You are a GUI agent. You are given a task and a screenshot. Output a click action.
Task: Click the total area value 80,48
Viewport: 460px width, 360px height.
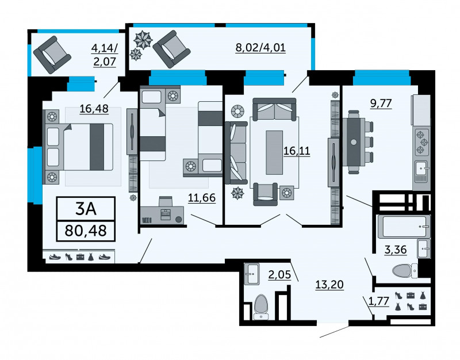[x=85, y=231]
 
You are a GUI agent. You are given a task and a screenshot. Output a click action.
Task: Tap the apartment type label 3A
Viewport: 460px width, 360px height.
[x=86, y=209]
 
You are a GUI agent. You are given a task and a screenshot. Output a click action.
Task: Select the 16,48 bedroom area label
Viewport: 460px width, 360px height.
[x=94, y=109]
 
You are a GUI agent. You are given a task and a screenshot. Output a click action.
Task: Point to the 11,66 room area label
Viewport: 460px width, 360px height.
[x=202, y=198]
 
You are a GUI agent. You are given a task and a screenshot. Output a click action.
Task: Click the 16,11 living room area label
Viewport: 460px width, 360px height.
[x=297, y=151]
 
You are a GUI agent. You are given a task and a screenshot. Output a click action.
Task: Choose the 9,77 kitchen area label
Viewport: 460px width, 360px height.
[x=381, y=104]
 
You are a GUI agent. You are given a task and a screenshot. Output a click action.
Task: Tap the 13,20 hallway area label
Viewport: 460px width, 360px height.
[x=329, y=284]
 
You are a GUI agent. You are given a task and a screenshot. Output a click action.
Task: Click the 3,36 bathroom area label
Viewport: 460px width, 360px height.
[x=396, y=250]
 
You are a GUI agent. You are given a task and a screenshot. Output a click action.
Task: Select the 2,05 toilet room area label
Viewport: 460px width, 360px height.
[x=279, y=274]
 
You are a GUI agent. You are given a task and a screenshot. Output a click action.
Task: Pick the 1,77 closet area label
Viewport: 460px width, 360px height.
[x=379, y=301]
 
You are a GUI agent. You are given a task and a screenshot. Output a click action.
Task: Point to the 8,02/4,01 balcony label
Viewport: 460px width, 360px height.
[x=260, y=47]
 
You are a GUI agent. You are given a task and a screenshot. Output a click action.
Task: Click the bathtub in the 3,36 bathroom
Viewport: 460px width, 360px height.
[x=404, y=226]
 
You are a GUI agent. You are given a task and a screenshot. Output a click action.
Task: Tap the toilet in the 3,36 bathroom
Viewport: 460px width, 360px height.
[x=405, y=270]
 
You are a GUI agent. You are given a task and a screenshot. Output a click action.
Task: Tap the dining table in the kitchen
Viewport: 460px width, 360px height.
[x=354, y=142]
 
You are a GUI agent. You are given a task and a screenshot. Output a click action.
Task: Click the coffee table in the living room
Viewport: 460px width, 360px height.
[x=274, y=152]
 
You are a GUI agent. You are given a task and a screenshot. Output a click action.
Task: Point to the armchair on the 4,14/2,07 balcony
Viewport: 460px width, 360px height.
[x=52, y=55]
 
